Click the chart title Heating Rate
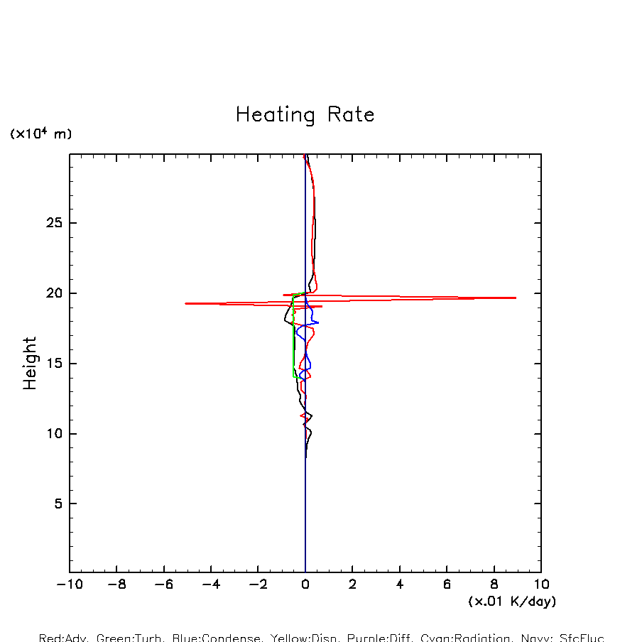click(305, 115)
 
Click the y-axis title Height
click(30, 363)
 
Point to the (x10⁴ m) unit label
click(40, 134)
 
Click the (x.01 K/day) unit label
click(512, 602)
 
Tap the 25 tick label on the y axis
click(54, 224)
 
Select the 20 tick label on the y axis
click(54, 293)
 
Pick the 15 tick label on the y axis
click(54, 364)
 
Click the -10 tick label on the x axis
click(69, 585)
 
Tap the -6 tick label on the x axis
click(163, 585)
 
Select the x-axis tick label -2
click(258, 585)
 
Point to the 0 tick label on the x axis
click(305, 585)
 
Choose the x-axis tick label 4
click(400, 585)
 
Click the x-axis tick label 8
click(494, 585)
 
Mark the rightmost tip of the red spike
click(516, 298)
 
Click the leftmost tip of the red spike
click(185, 303)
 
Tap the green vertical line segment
click(293, 334)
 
